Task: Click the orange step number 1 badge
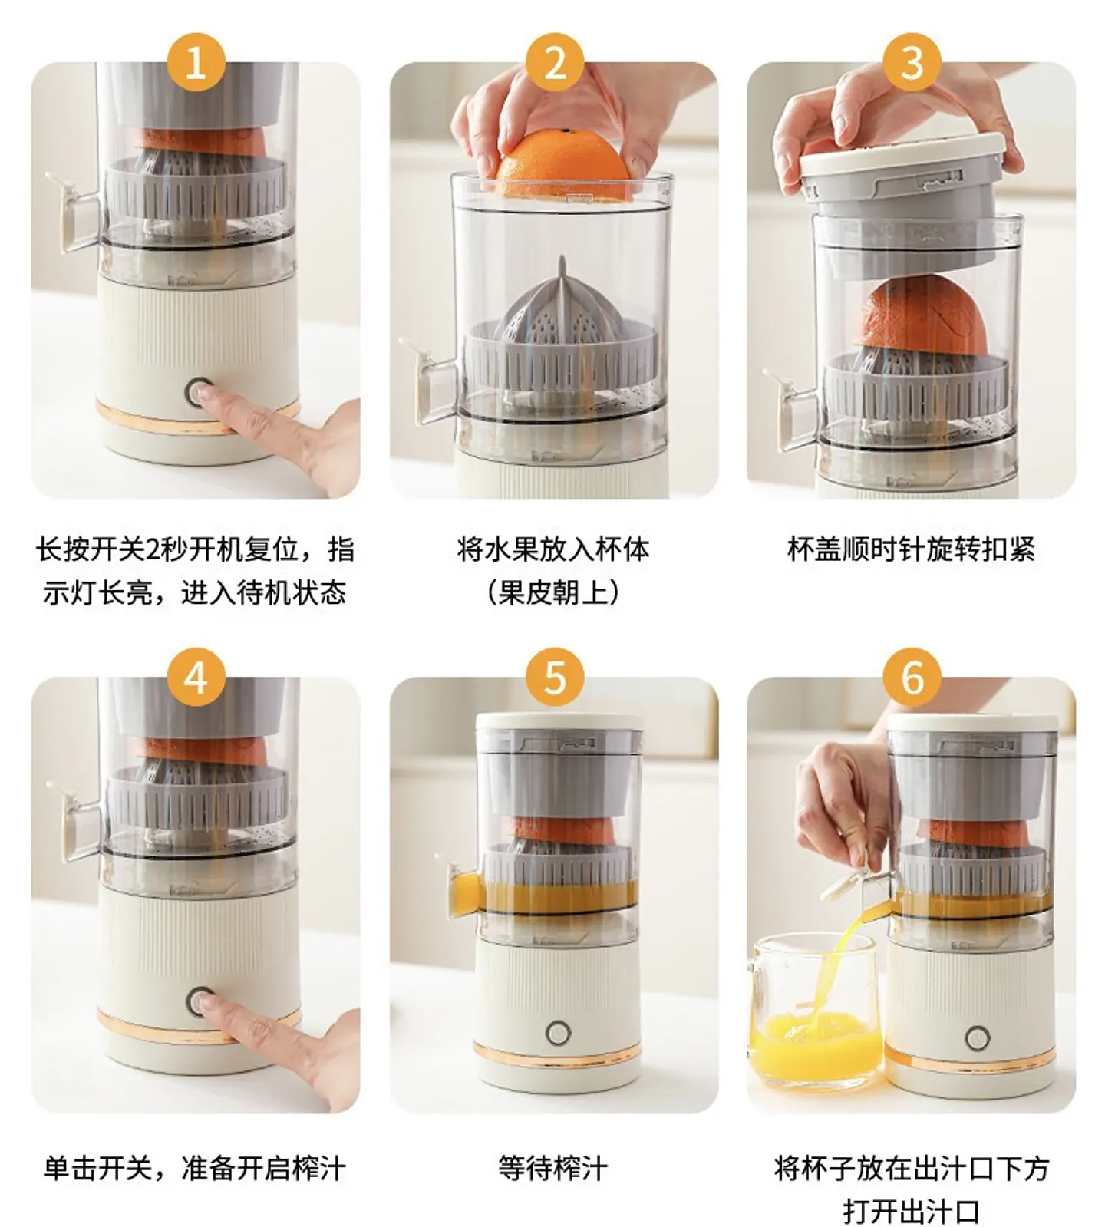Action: pyautogui.click(x=196, y=62)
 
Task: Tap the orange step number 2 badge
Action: pyautogui.click(x=554, y=62)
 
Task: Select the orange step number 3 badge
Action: pyautogui.click(x=912, y=62)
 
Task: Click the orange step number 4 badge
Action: pyautogui.click(x=196, y=678)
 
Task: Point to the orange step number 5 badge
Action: pyautogui.click(x=554, y=678)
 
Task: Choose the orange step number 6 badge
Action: pyautogui.click(x=912, y=678)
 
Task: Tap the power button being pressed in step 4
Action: pyautogui.click(x=200, y=1001)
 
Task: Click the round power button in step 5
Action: pyautogui.click(x=558, y=1032)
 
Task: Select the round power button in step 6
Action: pyautogui.click(x=977, y=1037)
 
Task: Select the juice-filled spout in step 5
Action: pyautogui.click(x=465, y=891)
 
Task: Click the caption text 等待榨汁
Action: pyautogui.click(x=552, y=1169)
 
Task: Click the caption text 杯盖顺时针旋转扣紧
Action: pyautogui.click(x=912, y=549)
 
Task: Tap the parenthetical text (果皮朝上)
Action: pyautogui.click(x=552, y=592)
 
